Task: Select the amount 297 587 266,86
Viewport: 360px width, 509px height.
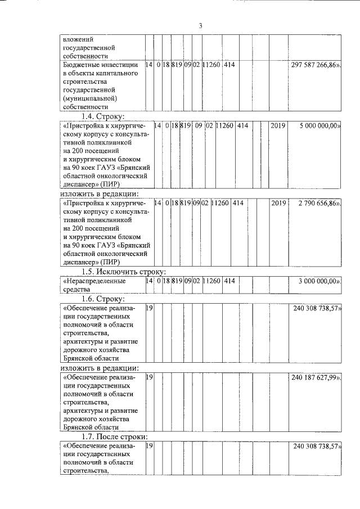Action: point(316,66)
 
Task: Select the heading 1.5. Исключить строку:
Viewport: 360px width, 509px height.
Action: point(122,271)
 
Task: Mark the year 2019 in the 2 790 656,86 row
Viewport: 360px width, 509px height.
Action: point(278,202)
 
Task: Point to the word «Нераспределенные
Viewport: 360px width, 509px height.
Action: point(94,281)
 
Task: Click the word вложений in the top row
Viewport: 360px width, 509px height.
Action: point(76,39)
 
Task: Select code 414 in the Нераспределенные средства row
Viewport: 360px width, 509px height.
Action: point(228,281)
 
